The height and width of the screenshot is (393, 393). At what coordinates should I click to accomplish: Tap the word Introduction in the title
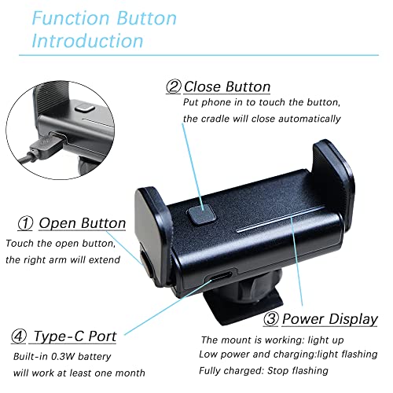pos(87,40)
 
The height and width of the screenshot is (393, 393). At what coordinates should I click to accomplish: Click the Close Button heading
pos(227,86)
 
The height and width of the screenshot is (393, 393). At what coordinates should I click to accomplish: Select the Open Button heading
pos(82,223)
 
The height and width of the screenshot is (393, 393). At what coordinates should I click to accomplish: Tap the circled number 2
pos(171,86)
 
